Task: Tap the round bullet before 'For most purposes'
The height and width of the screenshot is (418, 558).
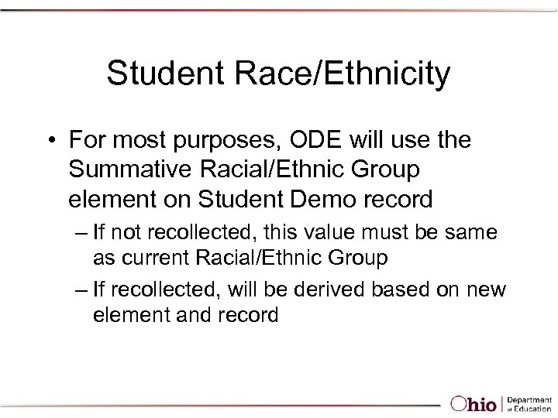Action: click(x=50, y=141)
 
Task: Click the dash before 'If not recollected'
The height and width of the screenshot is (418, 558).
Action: click(x=81, y=231)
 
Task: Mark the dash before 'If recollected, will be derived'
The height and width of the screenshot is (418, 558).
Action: click(x=81, y=290)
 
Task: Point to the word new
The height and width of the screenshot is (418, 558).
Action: click(x=487, y=291)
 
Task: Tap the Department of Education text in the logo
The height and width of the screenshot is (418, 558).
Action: click(x=531, y=403)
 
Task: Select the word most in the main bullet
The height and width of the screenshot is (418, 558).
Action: click(x=139, y=142)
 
